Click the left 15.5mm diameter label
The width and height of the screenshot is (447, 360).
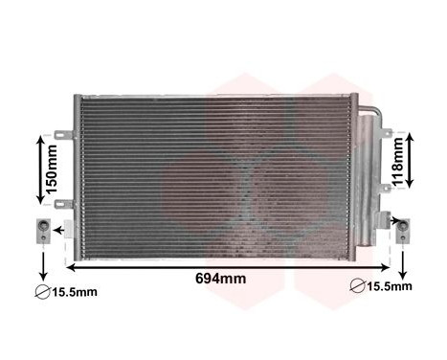(x=75, y=291)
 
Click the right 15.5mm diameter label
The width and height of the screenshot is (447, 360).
(x=389, y=286)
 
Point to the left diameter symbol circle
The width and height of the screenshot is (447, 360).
(x=41, y=291)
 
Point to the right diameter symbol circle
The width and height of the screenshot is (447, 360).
(x=356, y=285)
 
